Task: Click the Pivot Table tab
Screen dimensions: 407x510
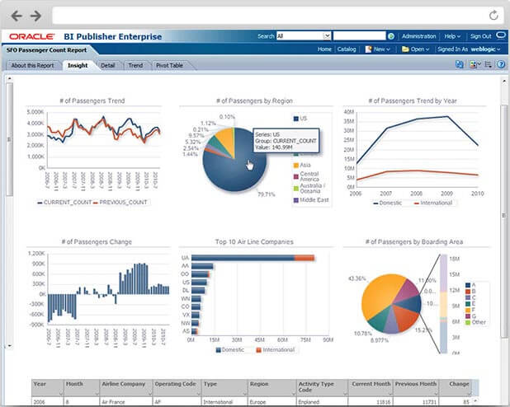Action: (x=171, y=64)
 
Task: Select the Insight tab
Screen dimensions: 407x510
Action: (x=78, y=64)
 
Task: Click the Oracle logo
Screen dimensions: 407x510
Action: (x=32, y=36)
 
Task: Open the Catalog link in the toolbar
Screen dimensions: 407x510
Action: (x=347, y=49)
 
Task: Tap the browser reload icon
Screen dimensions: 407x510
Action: (x=493, y=15)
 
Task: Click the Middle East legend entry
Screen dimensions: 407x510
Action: (x=314, y=200)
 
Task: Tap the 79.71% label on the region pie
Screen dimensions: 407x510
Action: (x=266, y=194)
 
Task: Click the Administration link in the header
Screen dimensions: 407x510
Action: (x=418, y=36)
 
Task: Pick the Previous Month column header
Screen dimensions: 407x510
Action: (x=415, y=383)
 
